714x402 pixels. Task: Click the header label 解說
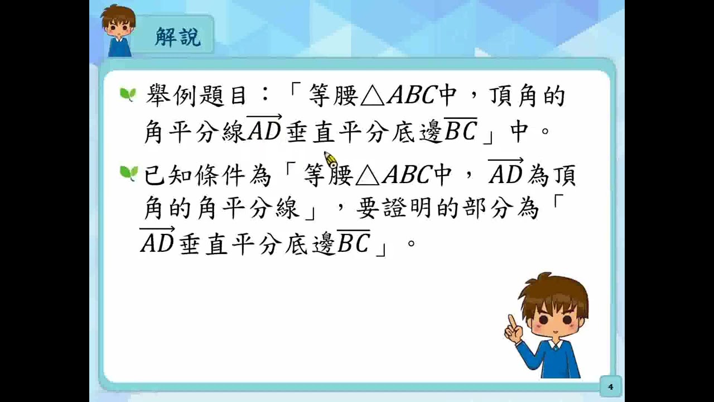[177, 38]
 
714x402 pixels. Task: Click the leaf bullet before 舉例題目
[128, 94]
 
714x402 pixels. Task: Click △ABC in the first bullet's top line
[397, 97]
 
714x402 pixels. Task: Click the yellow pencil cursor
[331, 160]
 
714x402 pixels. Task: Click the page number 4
[610, 386]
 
